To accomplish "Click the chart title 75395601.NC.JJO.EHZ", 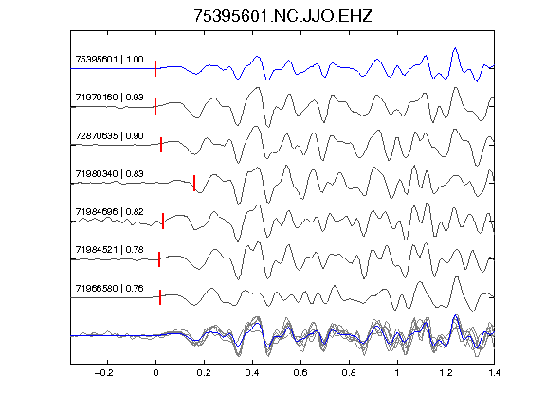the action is pyautogui.click(x=282, y=16).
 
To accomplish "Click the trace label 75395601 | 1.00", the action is pyautogui.click(x=109, y=60).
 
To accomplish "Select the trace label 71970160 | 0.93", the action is pyautogui.click(x=109, y=97).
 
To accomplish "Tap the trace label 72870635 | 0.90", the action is pyautogui.click(x=109, y=135).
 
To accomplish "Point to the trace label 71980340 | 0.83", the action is pyautogui.click(x=109, y=173).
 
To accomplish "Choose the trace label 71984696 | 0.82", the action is pyautogui.click(x=109, y=212).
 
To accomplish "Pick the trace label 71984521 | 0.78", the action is pyautogui.click(x=109, y=250).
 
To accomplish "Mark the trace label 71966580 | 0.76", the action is pyautogui.click(x=109, y=289).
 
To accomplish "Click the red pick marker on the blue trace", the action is pyautogui.click(x=155, y=68).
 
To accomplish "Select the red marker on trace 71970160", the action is pyautogui.click(x=155, y=106).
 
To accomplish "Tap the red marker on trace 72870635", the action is pyautogui.click(x=161, y=145).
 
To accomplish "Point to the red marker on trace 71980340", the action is pyautogui.click(x=194, y=183).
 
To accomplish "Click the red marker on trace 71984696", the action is pyautogui.click(x=163, y=222).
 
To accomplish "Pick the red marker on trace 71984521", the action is pyautogui.click(x=159, y=259).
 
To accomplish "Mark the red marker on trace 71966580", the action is pyautogui.click(x=160, y=297).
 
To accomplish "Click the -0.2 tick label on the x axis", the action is pyautogui.click(x=103, y=373).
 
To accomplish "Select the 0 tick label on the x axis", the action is pyautogui.click(x=155, y=373).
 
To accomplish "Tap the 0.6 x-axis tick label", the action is pyautogui.click(x=300, y=373).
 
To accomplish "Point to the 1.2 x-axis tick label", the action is pyautogui.click(x=446, y=373).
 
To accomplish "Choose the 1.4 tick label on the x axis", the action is pyautogui.click(x=494, y=373).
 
